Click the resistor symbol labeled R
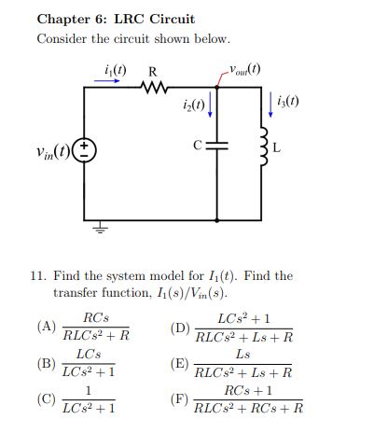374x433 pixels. point(152,90)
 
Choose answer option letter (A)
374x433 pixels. point(46,327)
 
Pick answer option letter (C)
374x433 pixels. point(46,398)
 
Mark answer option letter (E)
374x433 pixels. point(180,366)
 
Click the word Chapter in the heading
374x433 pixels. point(64,19)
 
